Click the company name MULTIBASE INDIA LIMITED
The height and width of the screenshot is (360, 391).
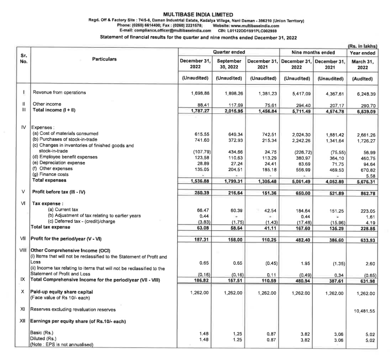(x=195, y=15)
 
